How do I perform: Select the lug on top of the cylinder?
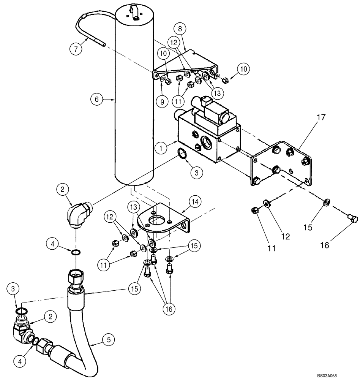(x=135, y=11)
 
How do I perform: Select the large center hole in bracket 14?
(x=156, y=221)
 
